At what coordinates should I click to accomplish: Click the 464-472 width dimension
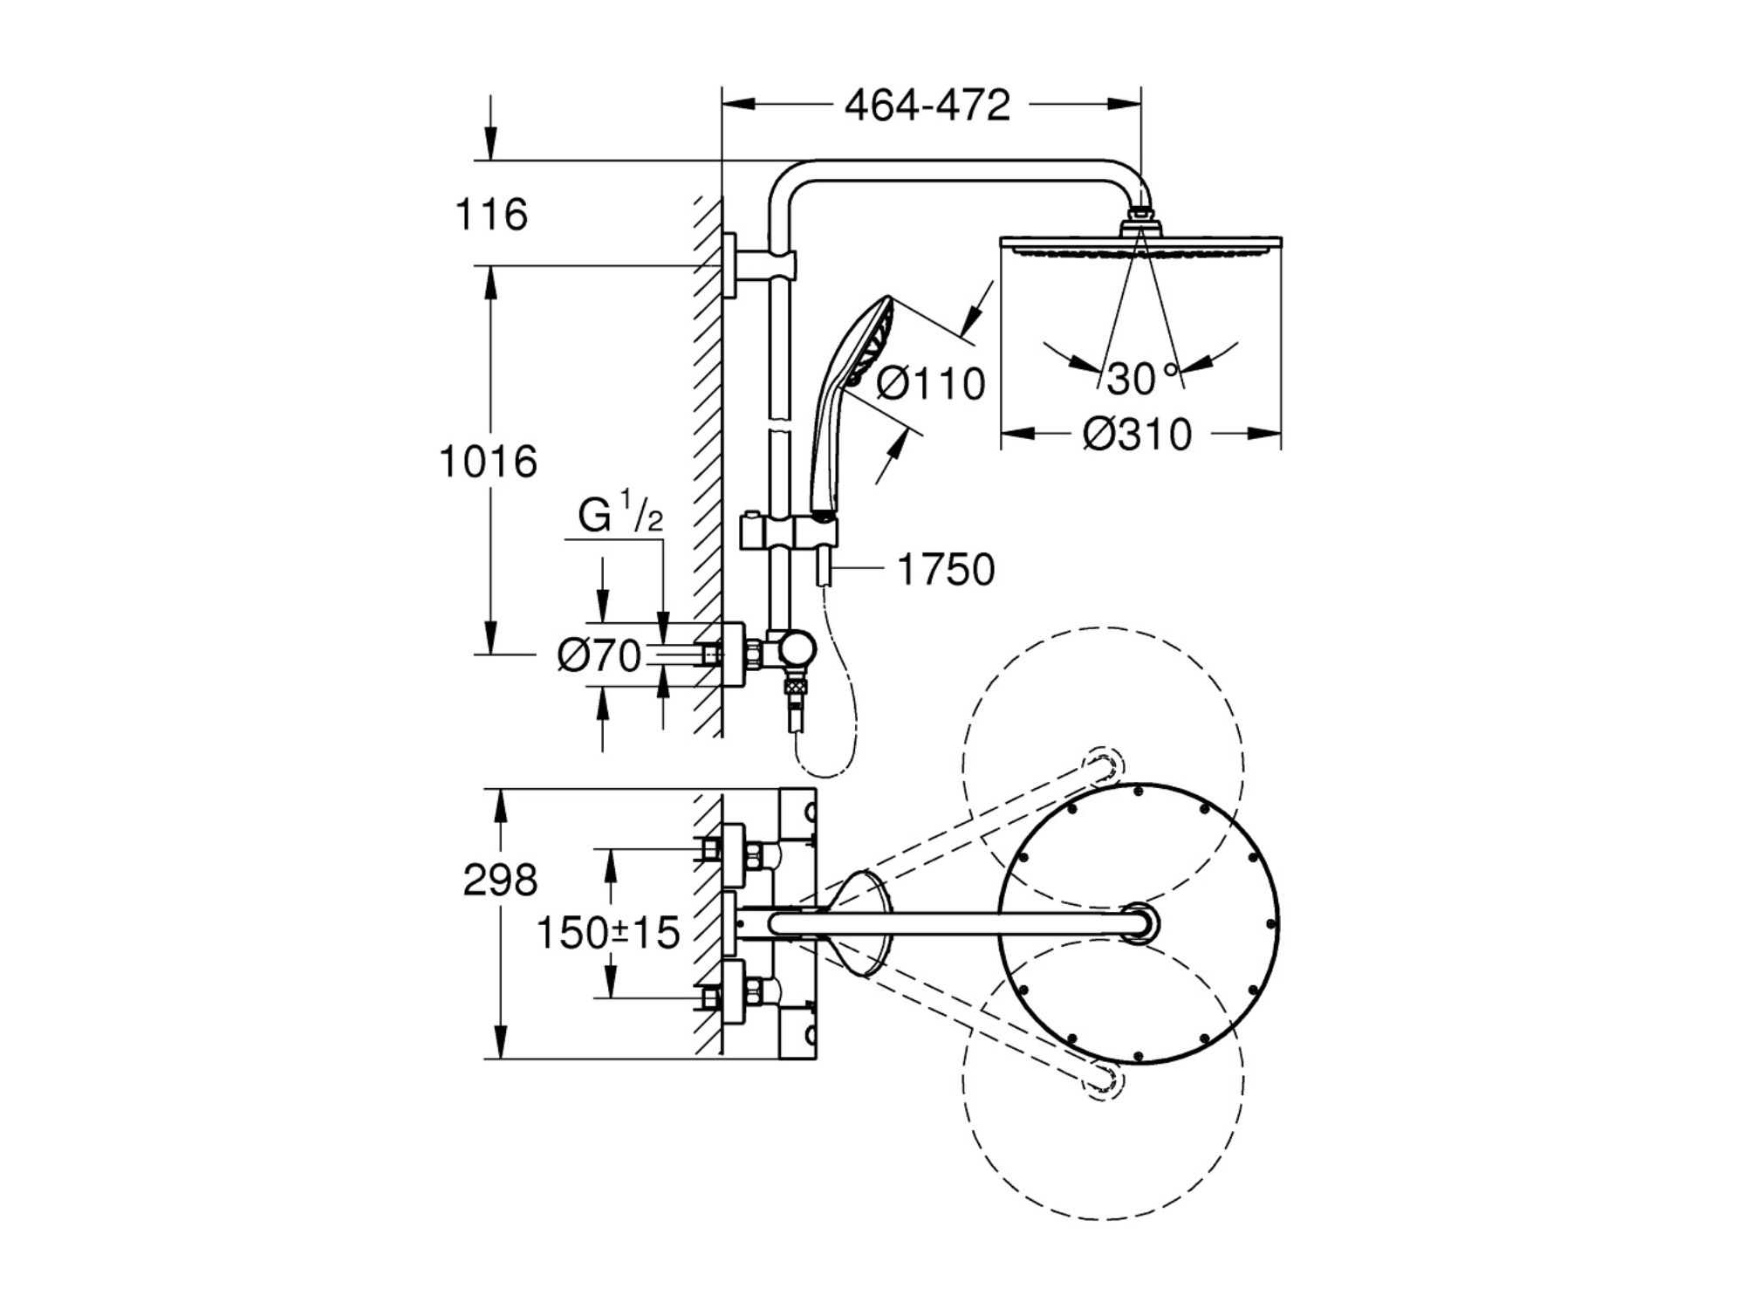coord(927,106)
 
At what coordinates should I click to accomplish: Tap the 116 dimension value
coord(491,215)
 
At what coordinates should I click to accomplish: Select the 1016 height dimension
coord(488,462)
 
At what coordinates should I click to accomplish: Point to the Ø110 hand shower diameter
coord(930,384)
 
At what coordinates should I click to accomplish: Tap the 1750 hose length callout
coord(946,570)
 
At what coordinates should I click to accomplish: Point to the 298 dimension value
coord(500,881)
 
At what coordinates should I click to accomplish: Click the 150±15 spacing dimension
coord(607,934)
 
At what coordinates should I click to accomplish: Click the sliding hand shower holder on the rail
coord(785,531)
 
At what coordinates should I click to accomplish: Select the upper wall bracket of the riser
coord(759,264)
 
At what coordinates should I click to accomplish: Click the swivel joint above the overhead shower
coord(1140,218)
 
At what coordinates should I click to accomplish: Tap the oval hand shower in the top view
coord(859,923)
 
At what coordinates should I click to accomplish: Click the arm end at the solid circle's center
coord(1139,923)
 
